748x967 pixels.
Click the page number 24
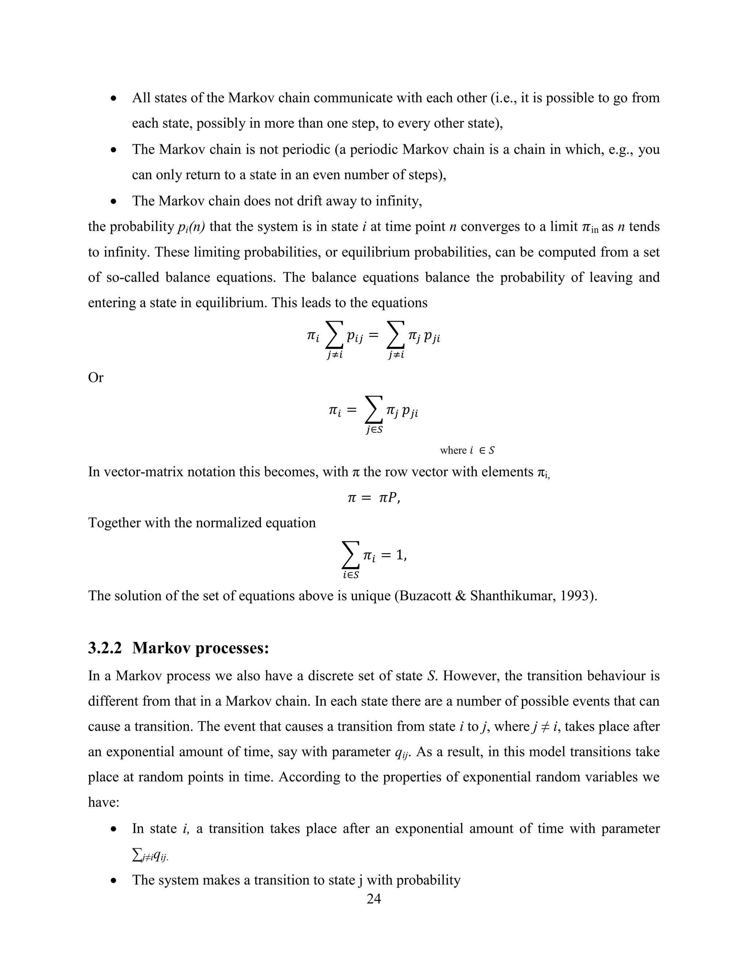click(374, 899)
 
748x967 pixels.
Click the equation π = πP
click(374, 498)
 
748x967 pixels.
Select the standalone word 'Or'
click(96, 378)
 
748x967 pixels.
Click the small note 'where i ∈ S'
click(467, 450)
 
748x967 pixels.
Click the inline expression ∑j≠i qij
click(150, 857)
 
